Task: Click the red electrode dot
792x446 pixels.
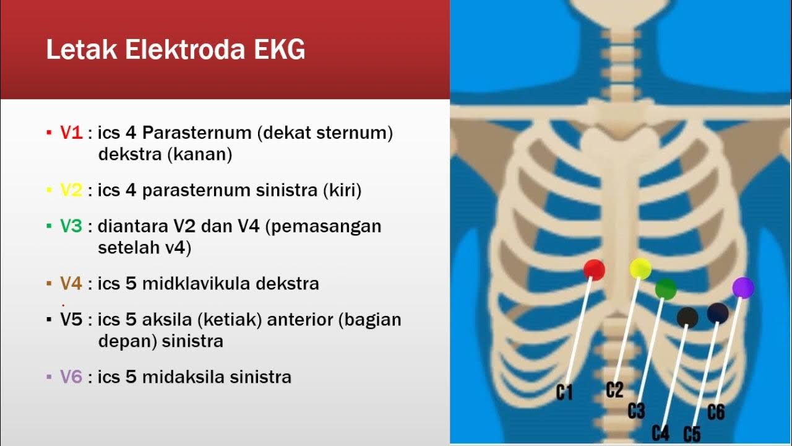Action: click(x=594, y=269)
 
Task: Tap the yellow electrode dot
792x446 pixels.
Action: click(x=640, y=268)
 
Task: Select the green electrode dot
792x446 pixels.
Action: click(x=666, y=289)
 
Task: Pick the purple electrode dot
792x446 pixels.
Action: click(x=743, y=287)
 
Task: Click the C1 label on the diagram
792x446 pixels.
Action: click(x=564, y=392)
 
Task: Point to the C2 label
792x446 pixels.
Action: click(x=614, y=390)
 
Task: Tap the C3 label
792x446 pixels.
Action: click(x=636, y=410)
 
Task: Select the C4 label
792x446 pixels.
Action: click(x=661, y=432)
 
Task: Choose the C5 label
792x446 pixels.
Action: click(x=692, y=434)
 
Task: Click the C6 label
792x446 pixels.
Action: click(x=716, y=412)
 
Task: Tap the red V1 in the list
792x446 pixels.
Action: click(x=71, y=133)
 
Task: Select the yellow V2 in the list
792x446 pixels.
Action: click(x=71, y=190)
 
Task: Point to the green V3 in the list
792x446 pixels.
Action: click(x=71, y=226)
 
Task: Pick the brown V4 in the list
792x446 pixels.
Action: click(x=71, y=284)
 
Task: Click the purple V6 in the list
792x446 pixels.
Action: click(x=71, y=377)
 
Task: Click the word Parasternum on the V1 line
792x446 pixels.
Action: click(x=197, y=133)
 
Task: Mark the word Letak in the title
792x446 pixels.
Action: click(x=82, y=50)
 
